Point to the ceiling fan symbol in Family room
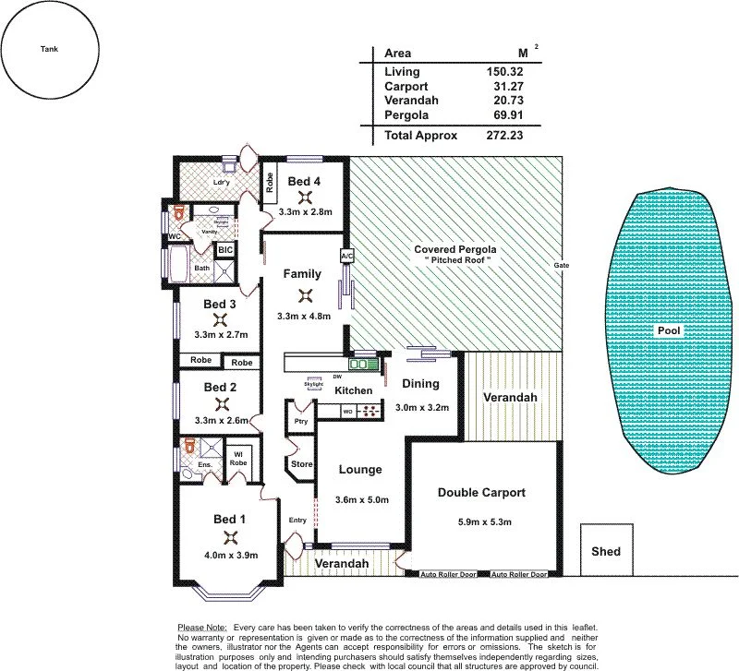click(x=303, y=295)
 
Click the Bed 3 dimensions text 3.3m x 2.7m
click(x=220, y=335)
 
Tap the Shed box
click(x=606, y=552)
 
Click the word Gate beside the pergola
click(x=561, y=265)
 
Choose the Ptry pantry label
click(x=300, y=421)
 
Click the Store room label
click(x=301, y=464)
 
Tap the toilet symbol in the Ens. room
click(x=191, y=446)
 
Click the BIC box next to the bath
click(x=224, y=249)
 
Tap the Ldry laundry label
click(x=221, y=182)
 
